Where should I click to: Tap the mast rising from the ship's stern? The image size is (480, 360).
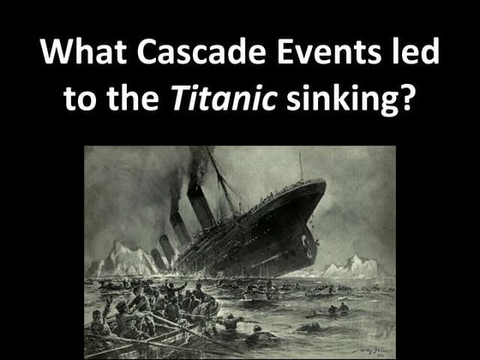click(301, 165)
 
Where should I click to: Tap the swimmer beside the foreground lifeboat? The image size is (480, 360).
click(231, 321)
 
